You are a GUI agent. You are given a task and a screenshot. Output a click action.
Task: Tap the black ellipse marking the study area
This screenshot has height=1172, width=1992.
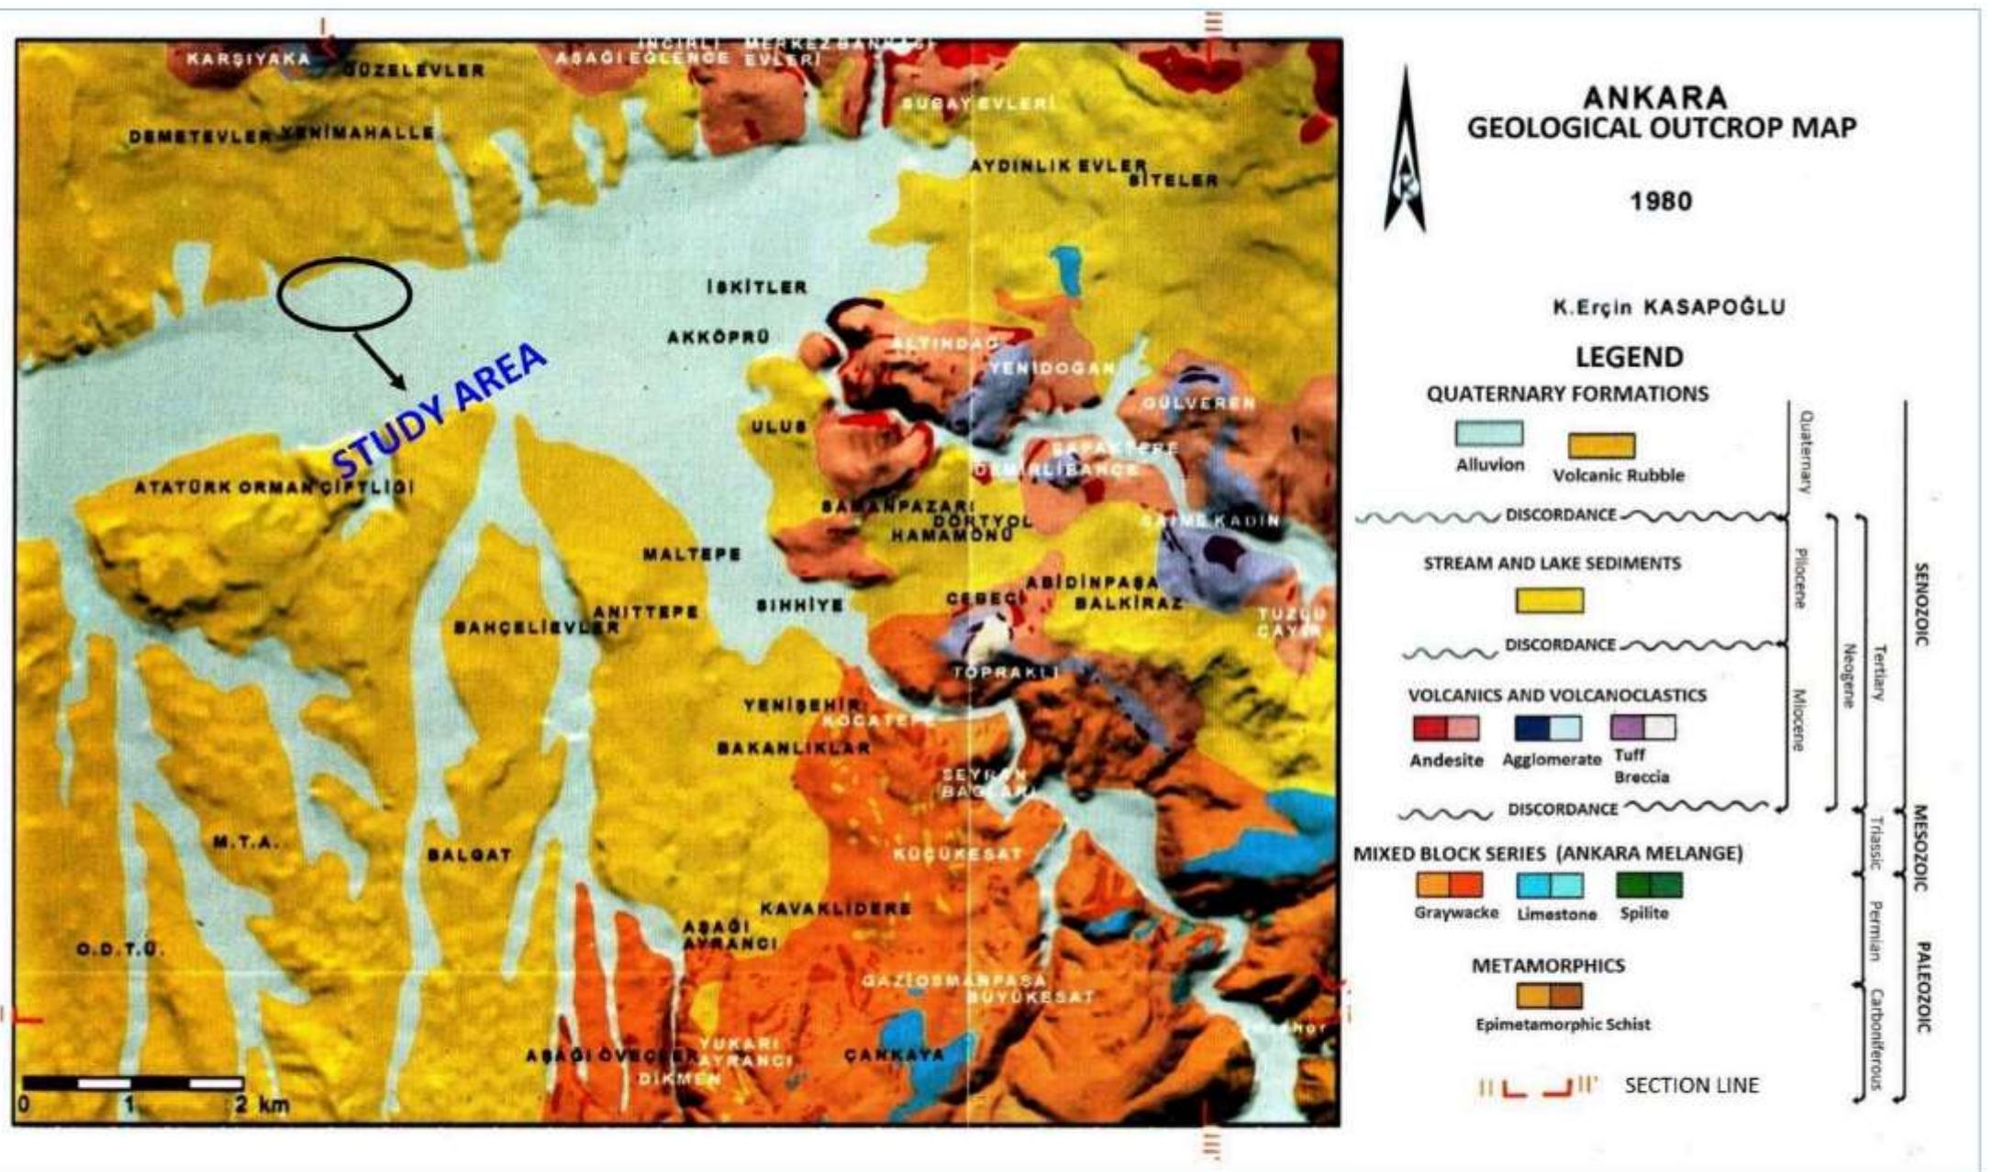[344, 293]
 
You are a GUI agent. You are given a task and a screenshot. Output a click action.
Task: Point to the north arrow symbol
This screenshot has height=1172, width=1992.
[1404, 151]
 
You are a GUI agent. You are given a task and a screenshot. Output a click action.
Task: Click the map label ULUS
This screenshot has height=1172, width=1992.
[778, 427]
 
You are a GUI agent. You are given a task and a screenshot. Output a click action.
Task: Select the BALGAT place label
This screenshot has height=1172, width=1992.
[469, 855]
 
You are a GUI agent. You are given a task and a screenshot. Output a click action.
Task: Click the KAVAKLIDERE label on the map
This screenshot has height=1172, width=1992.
[835, 909]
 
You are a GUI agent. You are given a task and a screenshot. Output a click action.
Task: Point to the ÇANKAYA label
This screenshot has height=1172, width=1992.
[894, 1055]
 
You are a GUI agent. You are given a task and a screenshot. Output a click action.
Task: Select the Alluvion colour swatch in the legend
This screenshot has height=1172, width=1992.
[1488, 434]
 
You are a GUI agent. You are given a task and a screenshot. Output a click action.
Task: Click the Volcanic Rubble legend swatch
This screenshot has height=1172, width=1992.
[1601, 446]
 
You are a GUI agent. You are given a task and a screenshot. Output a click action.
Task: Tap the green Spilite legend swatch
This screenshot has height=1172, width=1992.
[1649, 885]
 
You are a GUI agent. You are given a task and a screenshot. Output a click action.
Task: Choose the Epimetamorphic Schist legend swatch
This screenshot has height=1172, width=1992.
[1549, 996]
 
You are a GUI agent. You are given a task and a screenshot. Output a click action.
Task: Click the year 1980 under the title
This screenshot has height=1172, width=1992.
[1661, 201]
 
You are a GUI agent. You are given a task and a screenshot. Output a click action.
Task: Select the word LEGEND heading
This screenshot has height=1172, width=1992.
[1630, 356]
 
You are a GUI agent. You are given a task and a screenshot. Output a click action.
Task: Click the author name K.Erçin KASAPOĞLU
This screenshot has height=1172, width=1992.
[1668, 307]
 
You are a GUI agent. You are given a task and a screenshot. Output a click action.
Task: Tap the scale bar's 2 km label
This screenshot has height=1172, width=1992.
[261, 1104]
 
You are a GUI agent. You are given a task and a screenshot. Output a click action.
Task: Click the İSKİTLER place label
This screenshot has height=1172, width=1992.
[757, 287]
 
